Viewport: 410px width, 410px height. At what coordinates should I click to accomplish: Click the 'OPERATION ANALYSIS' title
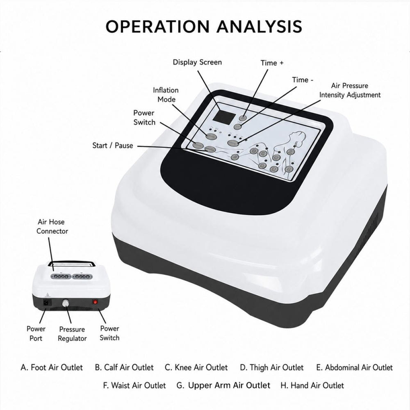coord(204,26)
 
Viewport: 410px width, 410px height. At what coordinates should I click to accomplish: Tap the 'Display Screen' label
coord(197,62)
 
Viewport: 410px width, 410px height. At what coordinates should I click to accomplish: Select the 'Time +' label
coord(272,63)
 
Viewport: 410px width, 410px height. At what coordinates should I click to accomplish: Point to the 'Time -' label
coord(303,80)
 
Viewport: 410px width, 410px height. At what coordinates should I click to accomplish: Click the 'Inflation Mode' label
coord(166,95)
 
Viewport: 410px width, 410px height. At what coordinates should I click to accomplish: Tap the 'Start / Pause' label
coord(113,146)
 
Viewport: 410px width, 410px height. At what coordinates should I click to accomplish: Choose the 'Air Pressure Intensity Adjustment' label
coord(350,90)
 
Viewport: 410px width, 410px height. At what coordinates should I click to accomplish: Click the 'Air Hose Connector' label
coord(52,226)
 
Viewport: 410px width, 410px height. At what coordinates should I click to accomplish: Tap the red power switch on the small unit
coord(96,302)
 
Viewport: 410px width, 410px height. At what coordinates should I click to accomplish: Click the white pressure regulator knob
coord(65,303)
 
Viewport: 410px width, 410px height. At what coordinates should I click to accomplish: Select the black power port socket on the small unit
coord(47,303)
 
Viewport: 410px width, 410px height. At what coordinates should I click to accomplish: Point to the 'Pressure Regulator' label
coord(72,334)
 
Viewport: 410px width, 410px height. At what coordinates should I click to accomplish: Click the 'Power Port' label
coord(36,333)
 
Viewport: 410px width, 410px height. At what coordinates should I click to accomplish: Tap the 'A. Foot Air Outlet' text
coord(52,367)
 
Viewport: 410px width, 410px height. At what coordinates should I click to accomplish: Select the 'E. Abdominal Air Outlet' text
coord(354,367)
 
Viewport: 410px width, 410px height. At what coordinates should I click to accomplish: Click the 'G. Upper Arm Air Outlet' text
coord(223,385)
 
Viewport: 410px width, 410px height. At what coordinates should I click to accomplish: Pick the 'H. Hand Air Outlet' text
coord(312,385)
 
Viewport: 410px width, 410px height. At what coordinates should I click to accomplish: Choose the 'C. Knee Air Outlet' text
coord(196,367)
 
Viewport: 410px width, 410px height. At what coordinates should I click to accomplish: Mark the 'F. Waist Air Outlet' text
coord(134,385)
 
